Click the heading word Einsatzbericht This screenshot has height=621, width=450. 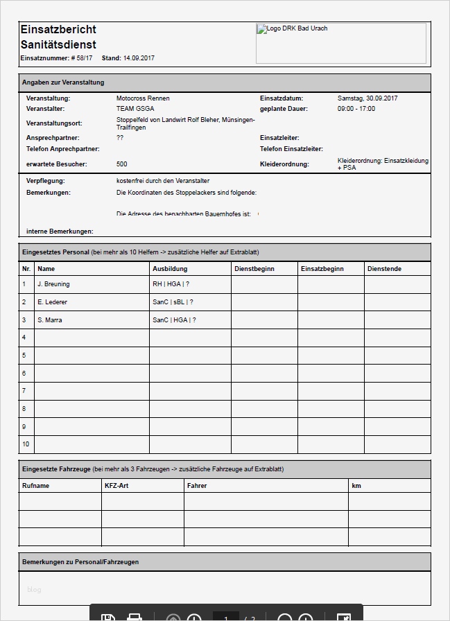pyautogui.click(x=58, y=29)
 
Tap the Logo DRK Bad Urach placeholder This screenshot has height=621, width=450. pyautogui.click(x=340, y=43)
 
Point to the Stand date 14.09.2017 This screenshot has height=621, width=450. pyautogui.click(x=139, y=58)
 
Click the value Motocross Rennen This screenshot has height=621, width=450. pyautogui.click(x=143, y=98)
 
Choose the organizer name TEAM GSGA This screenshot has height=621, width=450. pyautogui.click(x=135, y=109)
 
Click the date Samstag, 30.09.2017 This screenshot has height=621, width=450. pyautogui.click(x=367, y=98)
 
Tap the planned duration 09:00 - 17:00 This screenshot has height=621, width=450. pyautogui.click(x=356, y=109)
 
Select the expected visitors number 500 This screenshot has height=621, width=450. pyautogui.click(x=122, y=164)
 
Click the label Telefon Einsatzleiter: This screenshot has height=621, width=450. pyautogui.click(x=291, y=149)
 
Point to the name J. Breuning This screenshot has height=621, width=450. pyautogui.click(x=53, y=284)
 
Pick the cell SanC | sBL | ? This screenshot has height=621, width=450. pyautogui.click(x=173, y=302)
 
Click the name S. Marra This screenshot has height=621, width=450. pyautogui.click(x=50, y=320)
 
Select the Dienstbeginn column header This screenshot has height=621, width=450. pyautogui.click(x=255, y=269)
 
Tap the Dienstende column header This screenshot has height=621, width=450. pyautogui.click(x=384, y=269)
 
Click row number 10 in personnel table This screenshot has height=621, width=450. pyautogui.click(x=26, y=444)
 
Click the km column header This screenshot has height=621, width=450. pyautogui.click(x=356, y=486)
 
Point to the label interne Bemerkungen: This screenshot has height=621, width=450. pyautogui.click(x=60, y=231)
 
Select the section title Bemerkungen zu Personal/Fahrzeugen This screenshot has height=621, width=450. pyautogui.click(x=80, y=562)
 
